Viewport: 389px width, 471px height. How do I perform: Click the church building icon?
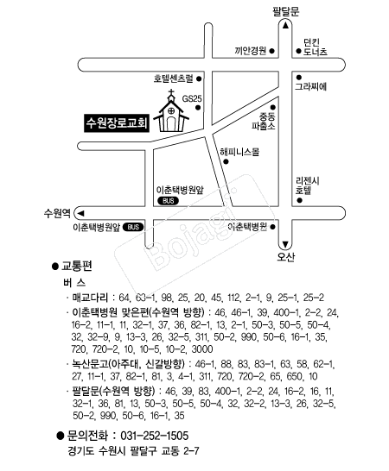[171, 113]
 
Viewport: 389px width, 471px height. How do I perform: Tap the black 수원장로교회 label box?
[117, 122]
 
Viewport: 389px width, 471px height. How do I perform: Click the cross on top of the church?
[171, 92]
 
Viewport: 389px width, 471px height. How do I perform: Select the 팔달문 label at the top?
[286, 11]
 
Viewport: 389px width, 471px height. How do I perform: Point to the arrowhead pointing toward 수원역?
[80, 213]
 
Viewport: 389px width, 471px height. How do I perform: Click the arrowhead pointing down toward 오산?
[285, 243]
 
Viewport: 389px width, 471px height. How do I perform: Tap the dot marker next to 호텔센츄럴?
[199, 78]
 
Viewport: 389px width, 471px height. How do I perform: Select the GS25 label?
[192, 98]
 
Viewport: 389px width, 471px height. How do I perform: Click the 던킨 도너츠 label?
[315, 47]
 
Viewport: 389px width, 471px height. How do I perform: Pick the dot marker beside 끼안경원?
[272, 51]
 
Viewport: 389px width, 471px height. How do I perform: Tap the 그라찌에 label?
[310, 86]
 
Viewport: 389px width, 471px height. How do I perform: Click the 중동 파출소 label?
[264, 121]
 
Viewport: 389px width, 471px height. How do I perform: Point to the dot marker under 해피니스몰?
[226, 161]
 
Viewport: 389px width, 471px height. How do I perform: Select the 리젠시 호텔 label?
[307, 185]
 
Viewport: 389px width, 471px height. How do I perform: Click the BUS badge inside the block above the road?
[168, 201]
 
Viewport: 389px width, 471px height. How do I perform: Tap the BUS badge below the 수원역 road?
[133, 227]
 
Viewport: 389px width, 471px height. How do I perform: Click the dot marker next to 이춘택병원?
[273, 227]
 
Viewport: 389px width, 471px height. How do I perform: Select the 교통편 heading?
[76, 267]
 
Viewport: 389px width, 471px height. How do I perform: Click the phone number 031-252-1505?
[154, 436]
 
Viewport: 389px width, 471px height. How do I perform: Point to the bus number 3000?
[202, 349]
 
